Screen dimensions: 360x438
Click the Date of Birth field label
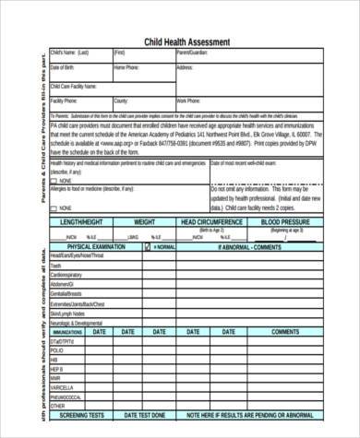63,67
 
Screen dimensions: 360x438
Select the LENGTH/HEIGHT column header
81,222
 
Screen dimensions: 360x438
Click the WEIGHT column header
145,222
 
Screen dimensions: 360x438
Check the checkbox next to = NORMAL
146,247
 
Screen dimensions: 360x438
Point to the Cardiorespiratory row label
67,275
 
